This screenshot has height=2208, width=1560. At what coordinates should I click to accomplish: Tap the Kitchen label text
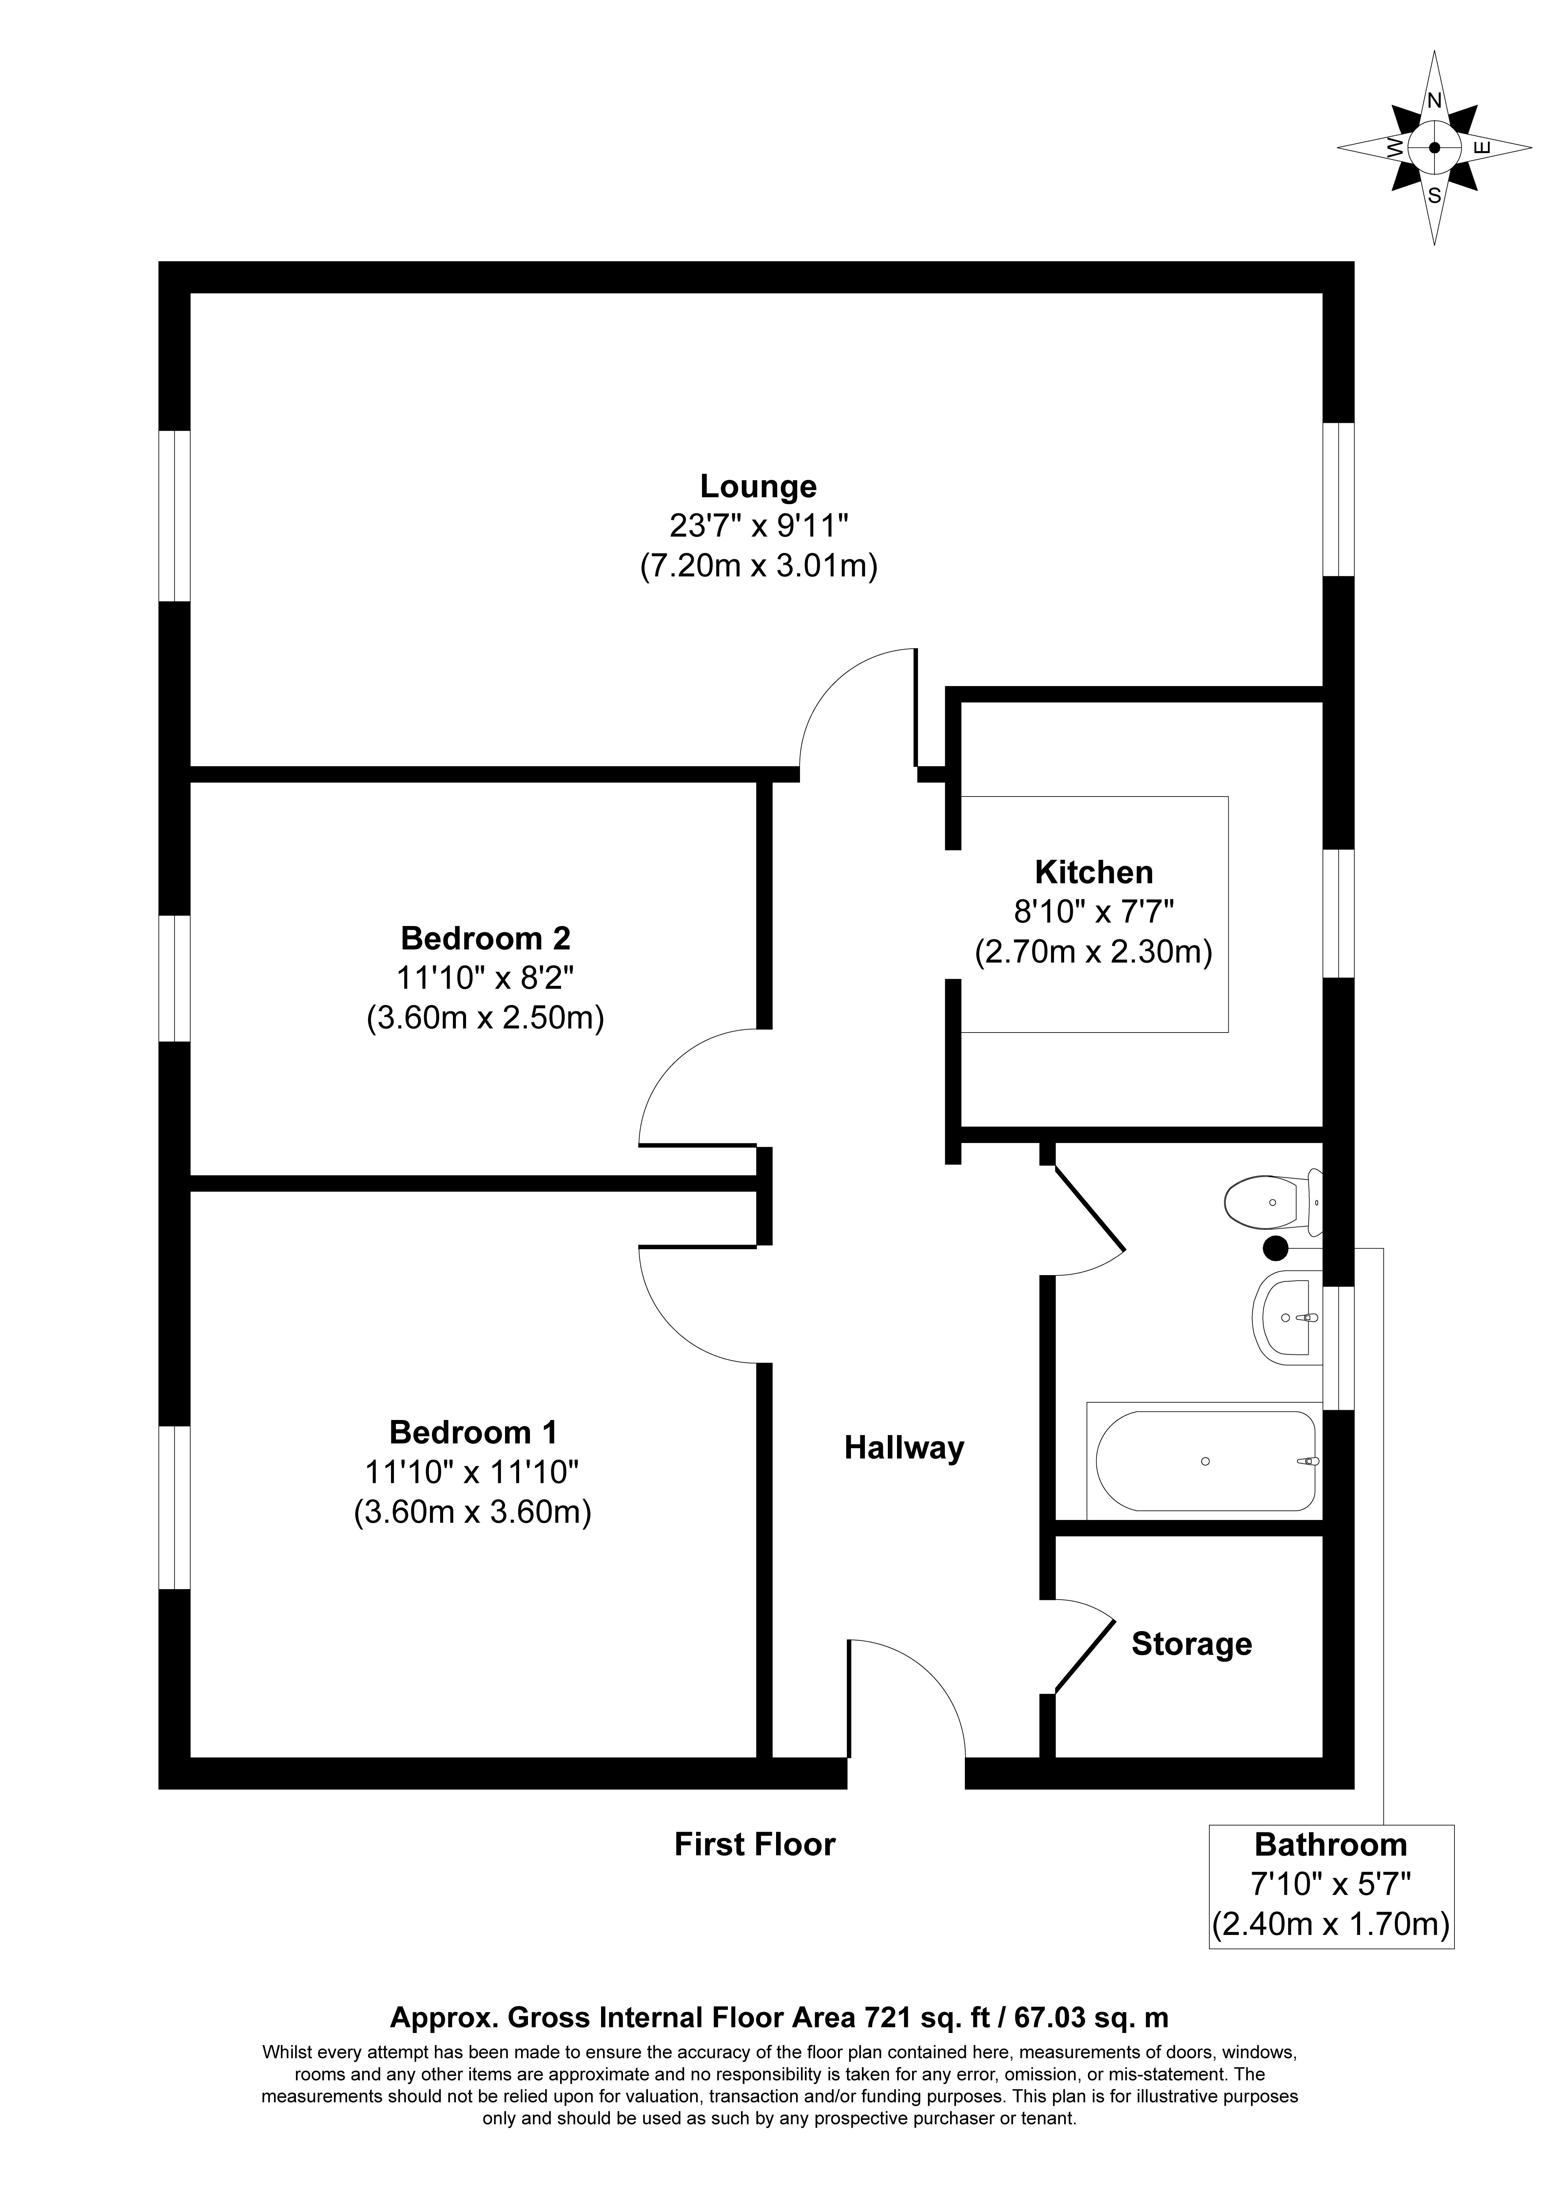tap(1094, 872)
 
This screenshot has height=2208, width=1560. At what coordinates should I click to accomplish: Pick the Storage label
tap(1192, 1645)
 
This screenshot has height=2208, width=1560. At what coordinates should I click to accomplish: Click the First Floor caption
tap(755, 1843)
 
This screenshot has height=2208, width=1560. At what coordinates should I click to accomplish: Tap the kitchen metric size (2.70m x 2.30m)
tap(1094, 952)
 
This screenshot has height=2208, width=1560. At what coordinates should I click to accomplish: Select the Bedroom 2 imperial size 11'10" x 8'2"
tap(486, 978)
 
